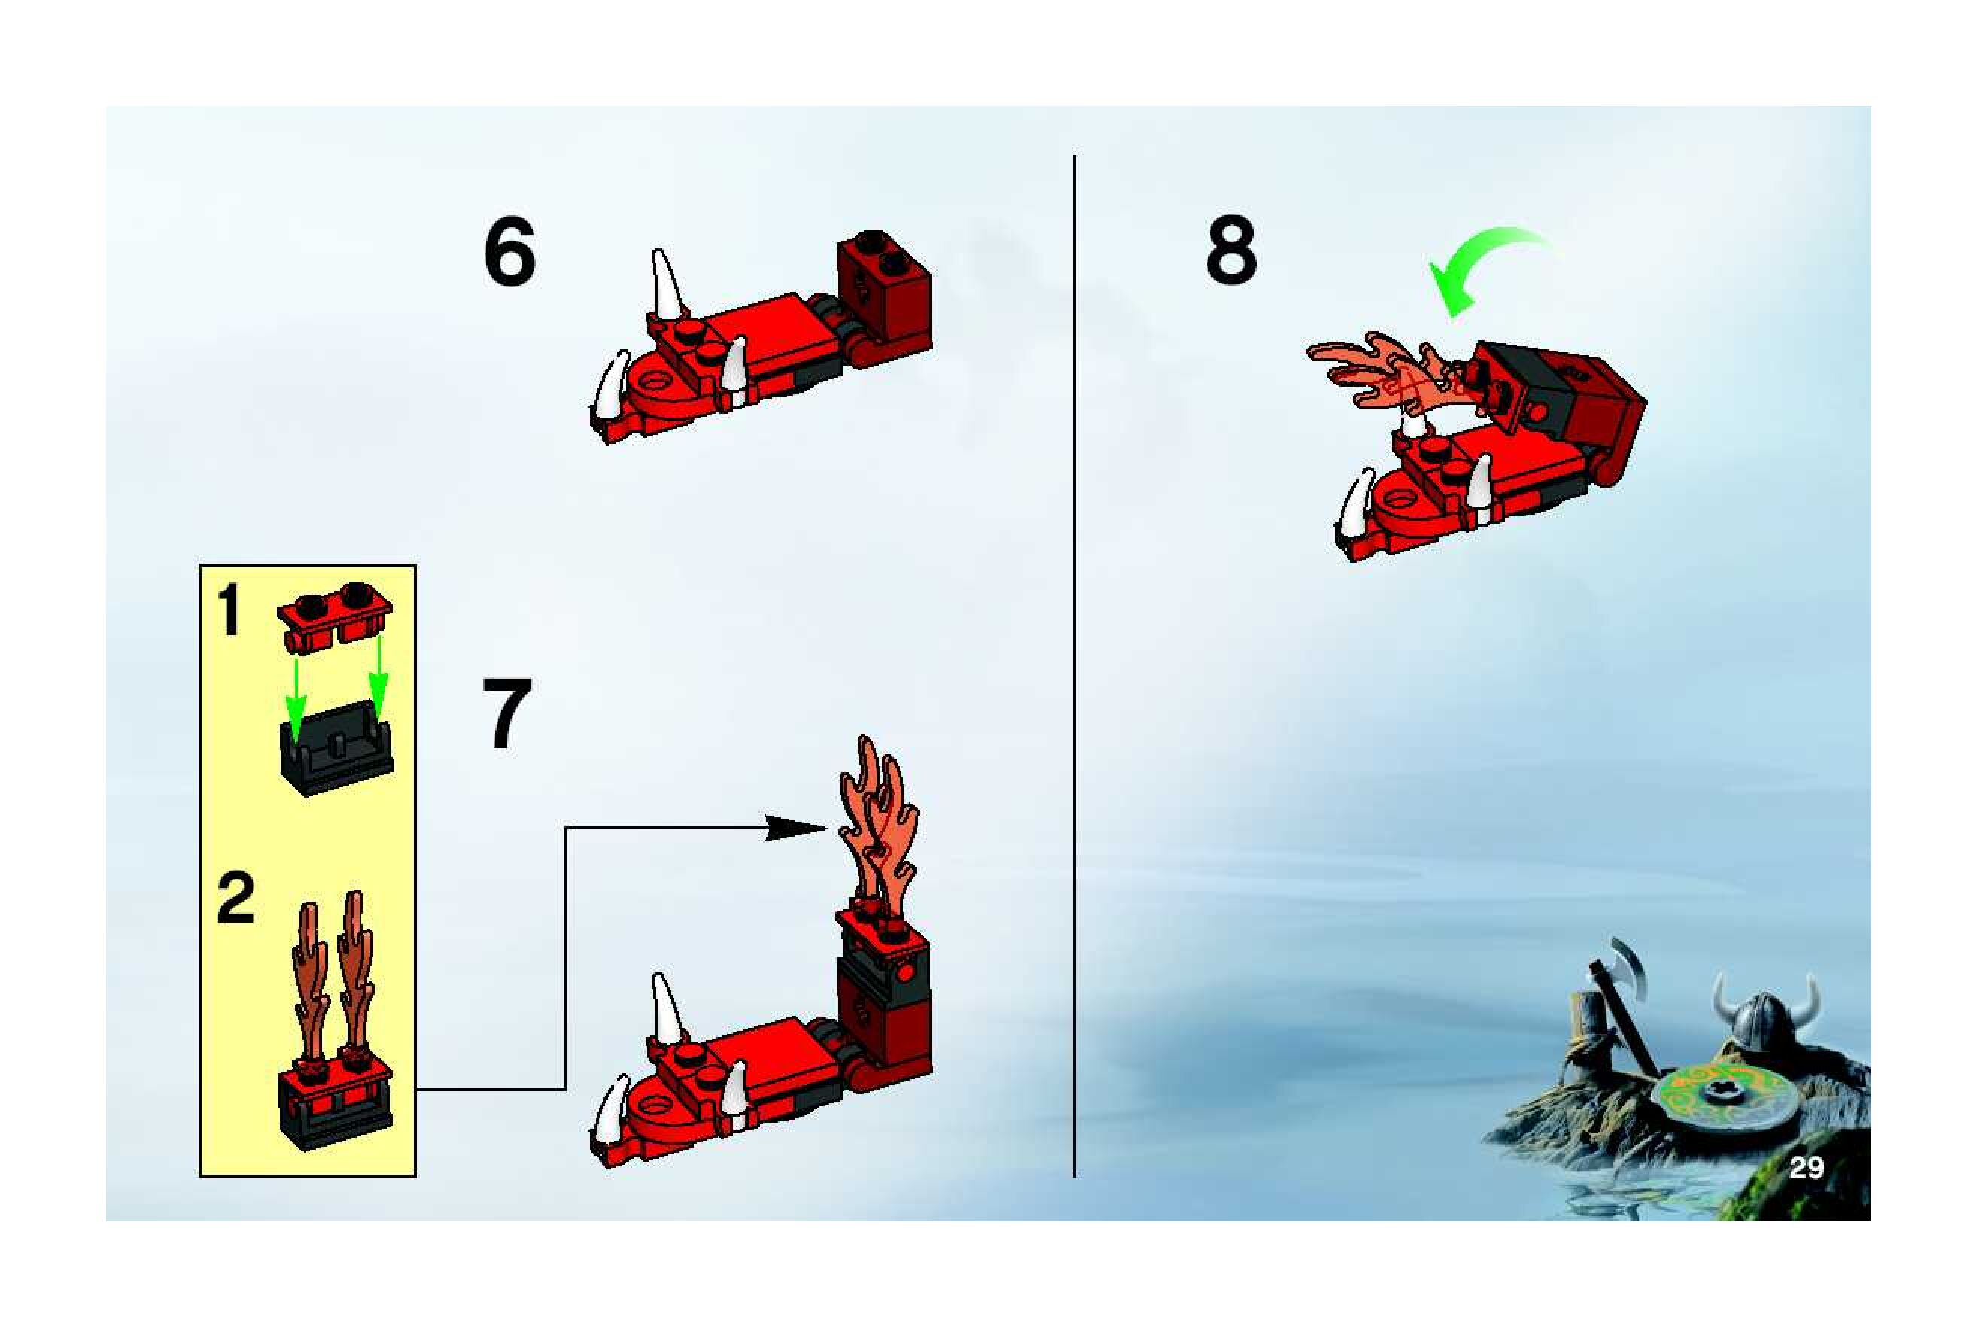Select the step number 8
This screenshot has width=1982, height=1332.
tap(1231, 251)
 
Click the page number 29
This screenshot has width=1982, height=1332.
tap(1806, 1169)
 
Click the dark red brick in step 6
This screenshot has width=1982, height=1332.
tap(884, 293)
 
